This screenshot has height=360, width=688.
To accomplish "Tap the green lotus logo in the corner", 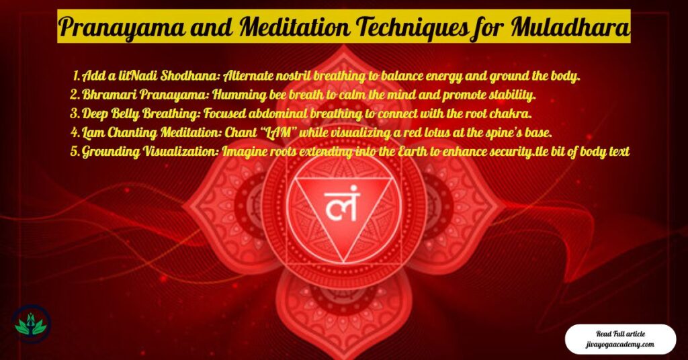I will click(32, 324).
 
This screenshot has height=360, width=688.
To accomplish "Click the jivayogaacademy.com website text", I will click(619, 345).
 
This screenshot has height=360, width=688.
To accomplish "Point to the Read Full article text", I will click(619, 333).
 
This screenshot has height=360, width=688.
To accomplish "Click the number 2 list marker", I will click(75, 93).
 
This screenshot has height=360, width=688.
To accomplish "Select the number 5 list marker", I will click(75, 152).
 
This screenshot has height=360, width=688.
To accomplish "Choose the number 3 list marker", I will click(75, 112).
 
